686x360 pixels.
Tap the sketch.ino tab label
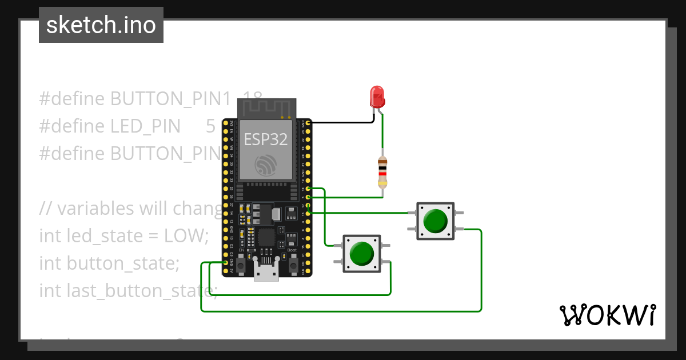click(x=101, y=25)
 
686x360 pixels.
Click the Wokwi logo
click(x=607, y=315)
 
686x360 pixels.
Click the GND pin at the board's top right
click(x=309, y=122)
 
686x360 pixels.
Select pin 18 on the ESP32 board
click(x=309, y=189)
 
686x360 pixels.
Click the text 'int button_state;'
click(x=109, y=263)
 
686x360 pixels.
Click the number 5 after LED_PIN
click(x=210, y=126)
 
